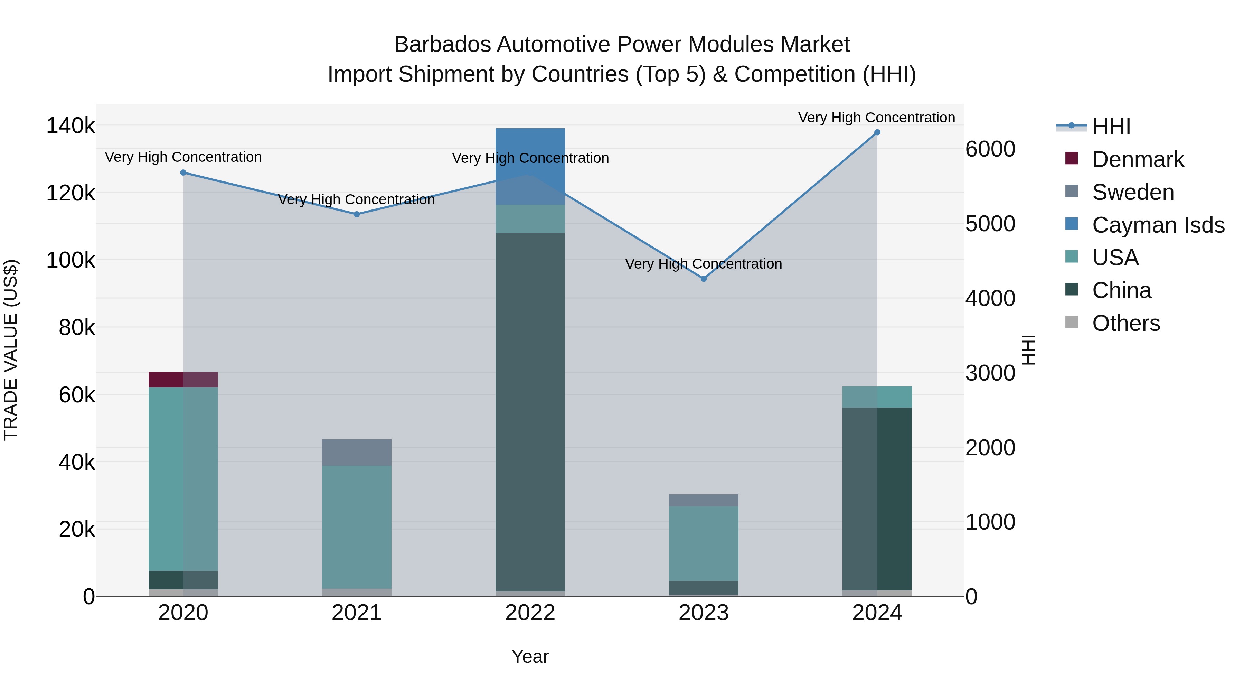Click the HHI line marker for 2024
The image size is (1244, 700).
point(877,132)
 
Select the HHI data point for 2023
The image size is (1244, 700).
point(704,279)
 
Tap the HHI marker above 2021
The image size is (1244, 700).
point(356,214)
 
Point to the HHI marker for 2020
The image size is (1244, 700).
point(183,172)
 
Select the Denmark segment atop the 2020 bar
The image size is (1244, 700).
point(183,379)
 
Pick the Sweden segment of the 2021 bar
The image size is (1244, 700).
point(356,452)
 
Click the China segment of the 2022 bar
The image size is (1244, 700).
point(530,411)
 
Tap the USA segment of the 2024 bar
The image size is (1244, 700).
point(877,396)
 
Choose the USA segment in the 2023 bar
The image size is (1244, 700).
point(704,543)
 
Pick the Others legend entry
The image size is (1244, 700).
point(1125,323)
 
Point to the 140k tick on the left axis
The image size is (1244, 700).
point(70,126)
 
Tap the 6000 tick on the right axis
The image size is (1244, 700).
point(990,149)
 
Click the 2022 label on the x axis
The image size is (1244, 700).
point(530,613)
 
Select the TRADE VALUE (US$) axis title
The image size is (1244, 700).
point(11,350)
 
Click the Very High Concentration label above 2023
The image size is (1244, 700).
point(703,264)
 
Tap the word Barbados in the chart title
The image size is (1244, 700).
point(442,45)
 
